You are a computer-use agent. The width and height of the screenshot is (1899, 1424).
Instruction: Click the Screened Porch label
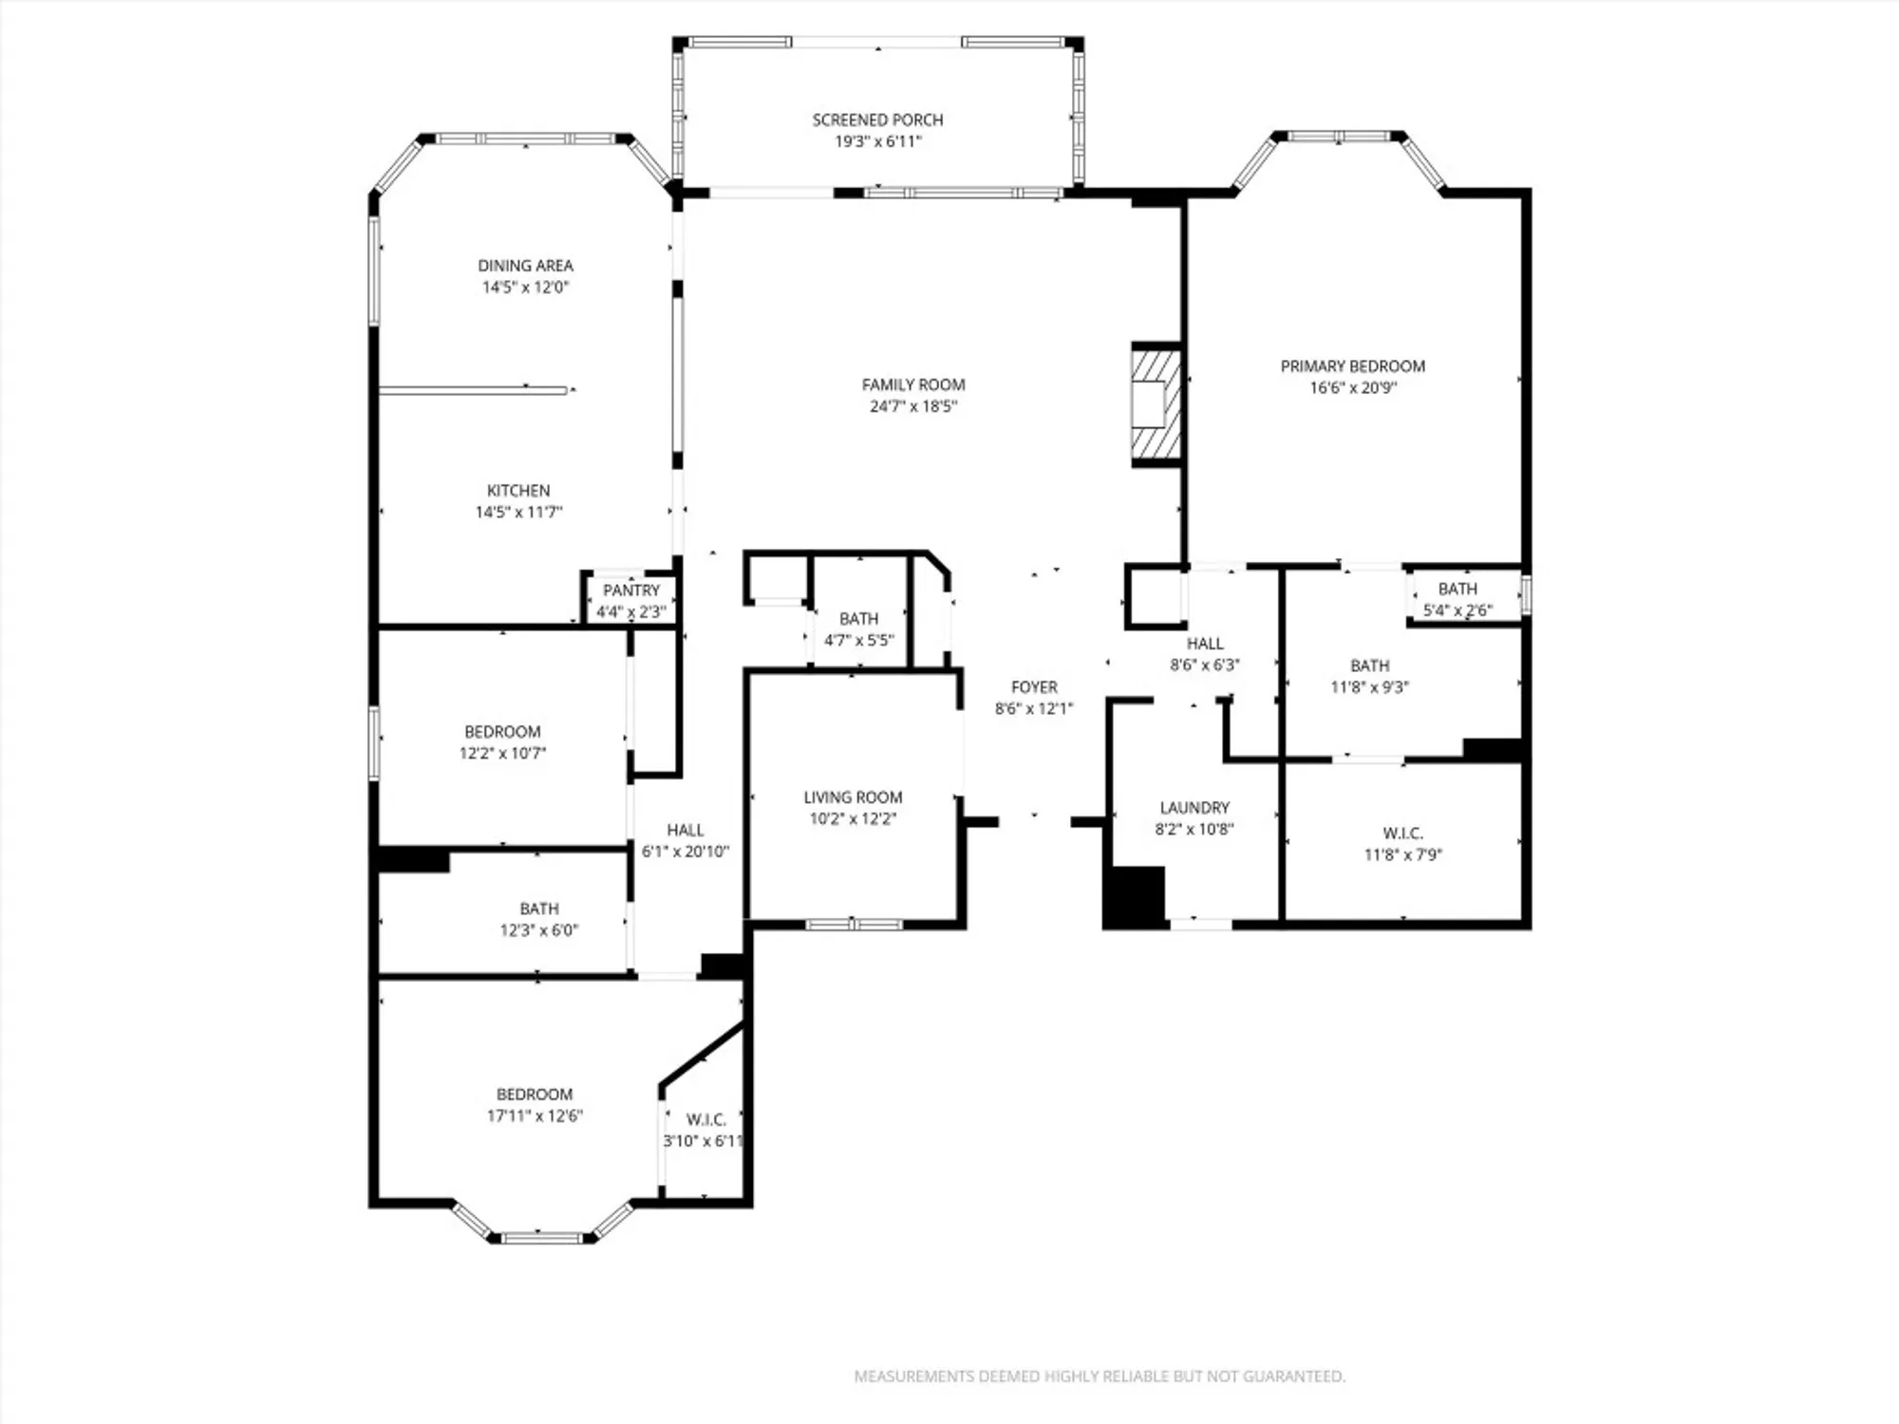pyautogui.click(x=877, y=120)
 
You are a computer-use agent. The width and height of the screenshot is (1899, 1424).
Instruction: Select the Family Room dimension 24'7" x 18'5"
pyautogui.click(x=913, y=406)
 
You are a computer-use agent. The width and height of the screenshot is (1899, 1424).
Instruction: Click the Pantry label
pyautogui.click(x=630, y=590)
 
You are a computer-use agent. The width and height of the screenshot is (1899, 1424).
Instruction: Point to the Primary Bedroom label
pyautogui.click(x=1352, y=366)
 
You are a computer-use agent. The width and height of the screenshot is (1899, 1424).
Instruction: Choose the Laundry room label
pyautogui.click(x=1194, y=808)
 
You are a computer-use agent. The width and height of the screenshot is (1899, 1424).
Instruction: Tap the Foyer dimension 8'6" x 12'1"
pyautogui.click(x=1033, y=708)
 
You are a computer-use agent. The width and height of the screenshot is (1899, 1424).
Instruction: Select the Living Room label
pyautogui.click(x=853, y=797)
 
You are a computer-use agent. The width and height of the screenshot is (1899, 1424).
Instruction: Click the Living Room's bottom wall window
pyautogui.click(x=854, y=924)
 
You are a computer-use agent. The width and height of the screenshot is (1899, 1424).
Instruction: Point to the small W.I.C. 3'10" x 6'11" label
pyautogui.click(x=705, y=1120)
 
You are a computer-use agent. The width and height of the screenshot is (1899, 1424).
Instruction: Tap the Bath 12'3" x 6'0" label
pyautogui.click(x=538, y=909)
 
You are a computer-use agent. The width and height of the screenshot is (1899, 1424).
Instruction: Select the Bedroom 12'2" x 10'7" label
pyautogui.click(x=502, y=732)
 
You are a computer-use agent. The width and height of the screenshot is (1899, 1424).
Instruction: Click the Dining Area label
pyautogui.click(x=525, y=266)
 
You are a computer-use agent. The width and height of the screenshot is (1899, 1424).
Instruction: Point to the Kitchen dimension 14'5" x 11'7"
pyautogui.click(x=518, y=513)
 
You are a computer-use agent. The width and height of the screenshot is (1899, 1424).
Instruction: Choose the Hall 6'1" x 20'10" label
pyautogui.click(x=685, y=831)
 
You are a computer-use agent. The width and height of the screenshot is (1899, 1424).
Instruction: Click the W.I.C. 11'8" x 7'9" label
pyautogui.click(x=1402, y=834)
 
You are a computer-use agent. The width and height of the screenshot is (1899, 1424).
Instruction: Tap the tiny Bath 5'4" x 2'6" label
pyautogui.click(x=1457, y=590)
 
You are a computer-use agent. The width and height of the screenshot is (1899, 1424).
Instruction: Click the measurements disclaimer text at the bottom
pyautogui.click(x=1100, y=1376)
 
